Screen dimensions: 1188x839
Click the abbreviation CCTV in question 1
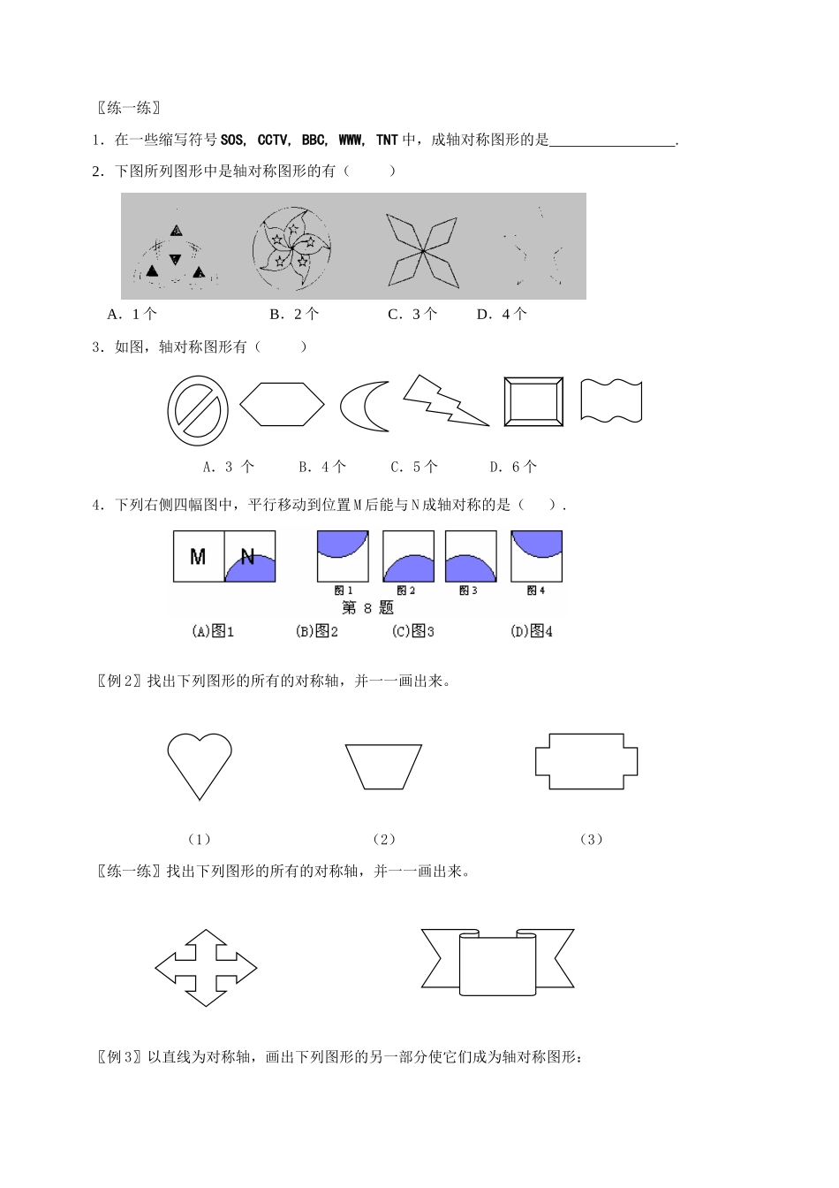click(273, 140)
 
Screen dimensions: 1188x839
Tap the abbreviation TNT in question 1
click(387, 140)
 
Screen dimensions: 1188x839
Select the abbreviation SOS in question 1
click(233, 140)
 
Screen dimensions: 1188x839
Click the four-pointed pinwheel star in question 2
click(423, 251)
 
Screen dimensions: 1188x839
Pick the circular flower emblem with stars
click(291, 249)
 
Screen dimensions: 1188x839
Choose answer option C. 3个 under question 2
click(412, 314)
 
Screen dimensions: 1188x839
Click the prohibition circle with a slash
click(198, 411)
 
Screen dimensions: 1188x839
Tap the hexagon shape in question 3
click(282, 405)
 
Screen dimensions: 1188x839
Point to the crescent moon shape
click(365, 407)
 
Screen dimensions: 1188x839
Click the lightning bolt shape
click(444, 401)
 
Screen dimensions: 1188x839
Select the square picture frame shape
click(533, 402)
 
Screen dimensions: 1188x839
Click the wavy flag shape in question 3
click(611, 400)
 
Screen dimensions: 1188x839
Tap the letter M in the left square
click(198, 557)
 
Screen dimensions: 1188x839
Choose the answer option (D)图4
click(532, 631)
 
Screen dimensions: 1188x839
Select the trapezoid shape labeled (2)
click(383, 766)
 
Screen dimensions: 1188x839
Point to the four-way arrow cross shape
click(206, 968)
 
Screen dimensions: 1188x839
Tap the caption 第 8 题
click(367, 608)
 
